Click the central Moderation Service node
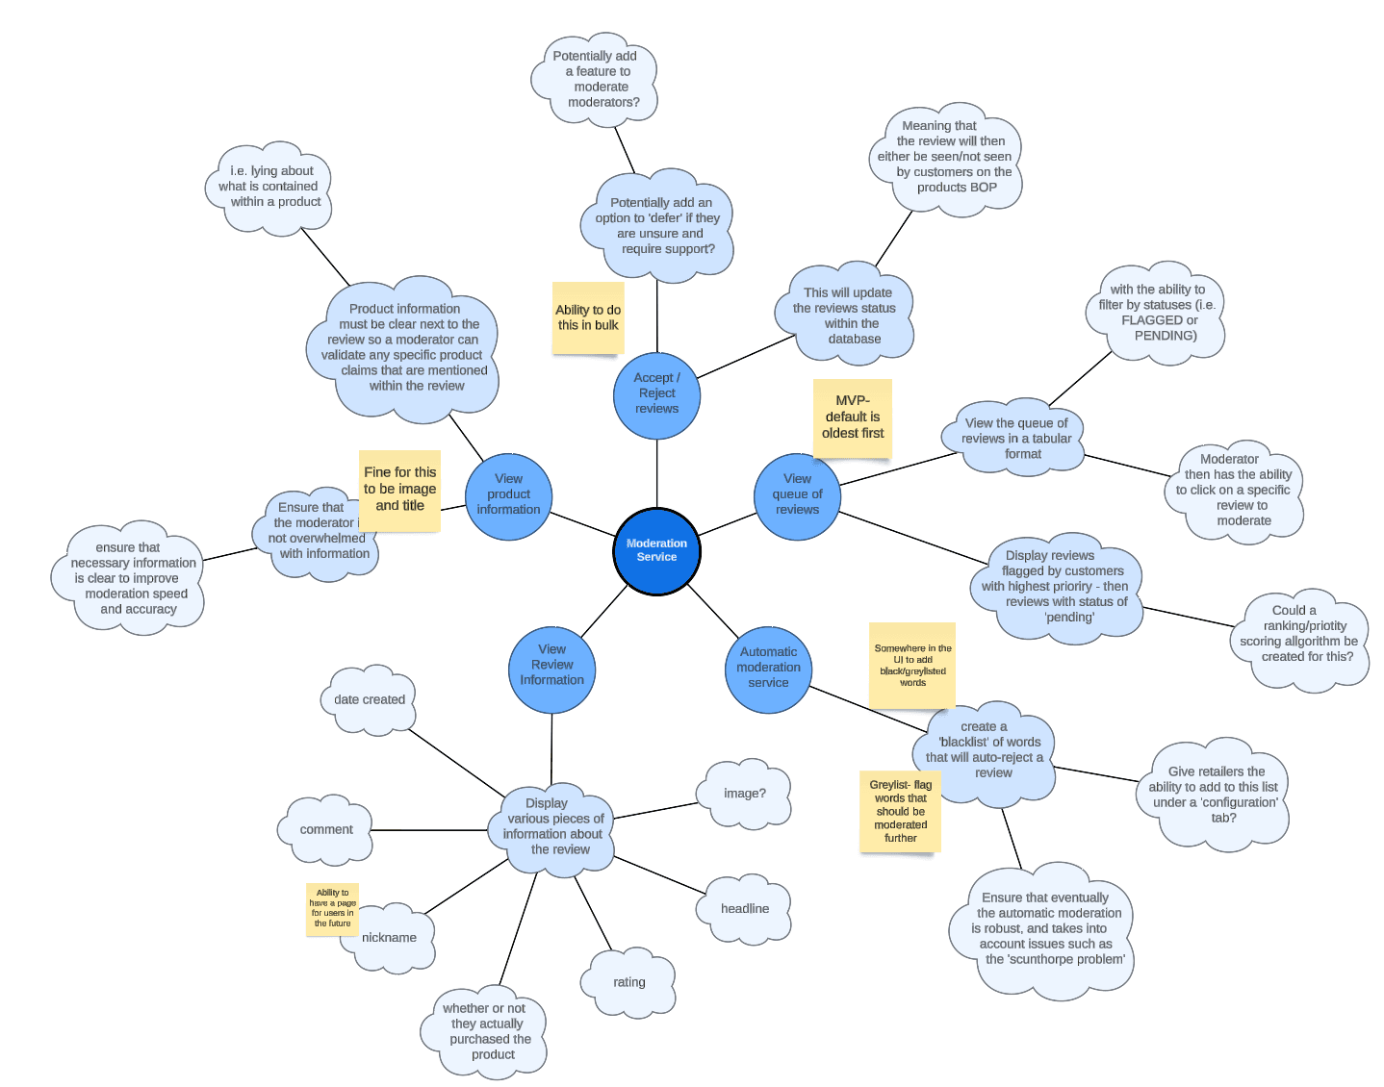pyautogui.click(x=656, y=551)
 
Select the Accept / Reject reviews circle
pyautogui.click(x=656, y=394)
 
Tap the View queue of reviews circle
pyautogui.click(x=797, y=494)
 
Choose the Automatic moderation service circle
pyautogui.click(x=768, y=668)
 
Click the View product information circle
pyautogui.click(x=508, y=494)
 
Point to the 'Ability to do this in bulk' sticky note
pyautogui.click(x=588, y=318)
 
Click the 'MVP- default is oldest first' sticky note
pyautogui.click(x=852, y=417)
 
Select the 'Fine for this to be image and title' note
pyautogui.click(x=399, y=490)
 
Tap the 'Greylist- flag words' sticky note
pyautogui.click(x=900, y=812)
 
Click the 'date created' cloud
pyautogui.click(x=370, y=700)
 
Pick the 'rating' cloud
pyautogui.click(x=628, y=982)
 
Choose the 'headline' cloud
pyautogui.click(x=745, y=909)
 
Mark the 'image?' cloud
pyautogui.click(x=745, y=794)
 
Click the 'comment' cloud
pyautogui.click(x=326, y=829)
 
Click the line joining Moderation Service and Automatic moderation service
pyautogui.click(x=713, y=610)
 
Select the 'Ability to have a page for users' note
pyautogui.click(x=332, y=908)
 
